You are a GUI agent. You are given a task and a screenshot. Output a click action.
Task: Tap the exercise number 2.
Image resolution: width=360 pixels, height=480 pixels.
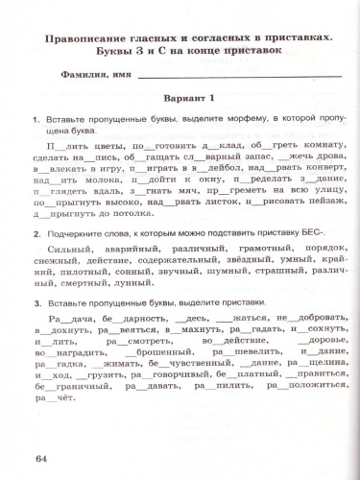click(x=36, y=234)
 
